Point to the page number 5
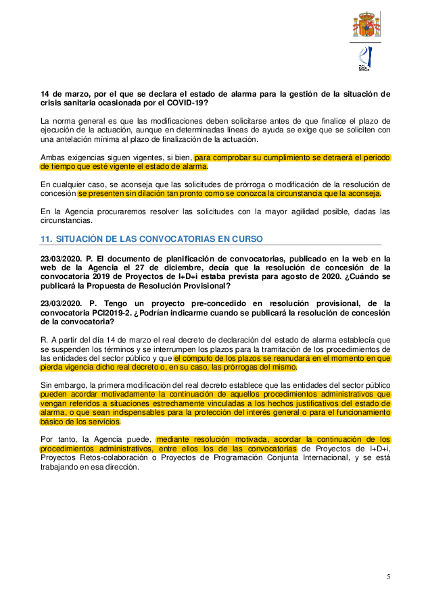pos(388,576)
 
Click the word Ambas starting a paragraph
pos(54,157)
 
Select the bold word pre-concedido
pos(196,303)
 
